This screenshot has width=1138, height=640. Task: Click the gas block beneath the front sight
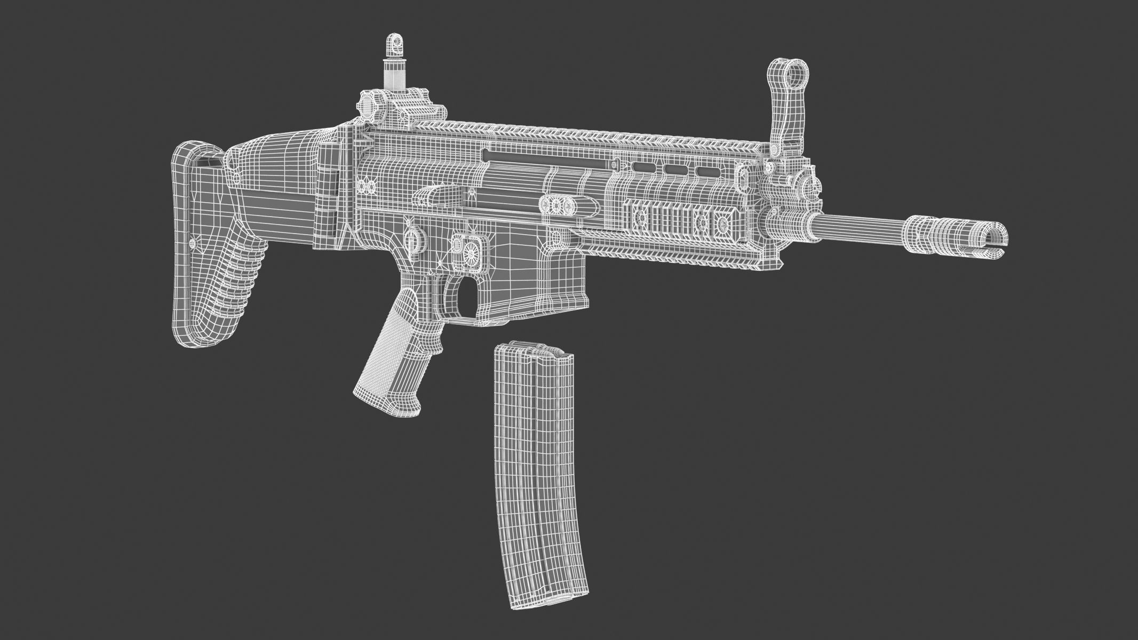point(790,213)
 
